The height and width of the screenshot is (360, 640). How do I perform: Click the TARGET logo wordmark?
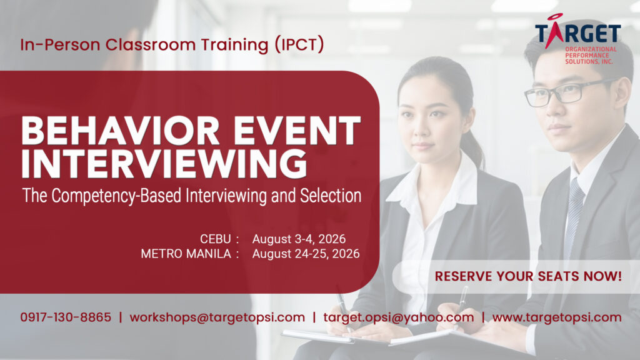[x=578, y=32]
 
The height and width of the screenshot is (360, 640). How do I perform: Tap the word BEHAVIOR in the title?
[x=121, y=131]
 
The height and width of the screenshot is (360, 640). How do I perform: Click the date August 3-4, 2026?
[x=299, y=239]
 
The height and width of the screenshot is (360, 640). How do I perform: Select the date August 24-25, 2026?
[x=306, y=254]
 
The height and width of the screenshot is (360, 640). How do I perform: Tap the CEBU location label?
[x=216, y=239]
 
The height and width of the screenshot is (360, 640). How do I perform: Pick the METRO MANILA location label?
[x=186, y=254]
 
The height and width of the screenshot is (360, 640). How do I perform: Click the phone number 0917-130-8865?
[x=66, y=317]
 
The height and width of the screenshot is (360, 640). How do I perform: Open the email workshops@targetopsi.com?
[x=217, y=317]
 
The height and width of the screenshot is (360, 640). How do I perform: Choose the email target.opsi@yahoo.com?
[x=399, y=317]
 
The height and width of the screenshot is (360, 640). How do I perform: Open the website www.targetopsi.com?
[x=557, y=317]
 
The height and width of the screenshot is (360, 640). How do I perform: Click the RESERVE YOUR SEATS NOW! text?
[x=528, y=276]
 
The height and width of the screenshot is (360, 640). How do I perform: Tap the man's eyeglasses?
[x=567, y=92]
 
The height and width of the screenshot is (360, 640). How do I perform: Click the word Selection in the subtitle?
[x=331, y=196]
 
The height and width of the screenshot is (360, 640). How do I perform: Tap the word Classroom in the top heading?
[x=151, y=44]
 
